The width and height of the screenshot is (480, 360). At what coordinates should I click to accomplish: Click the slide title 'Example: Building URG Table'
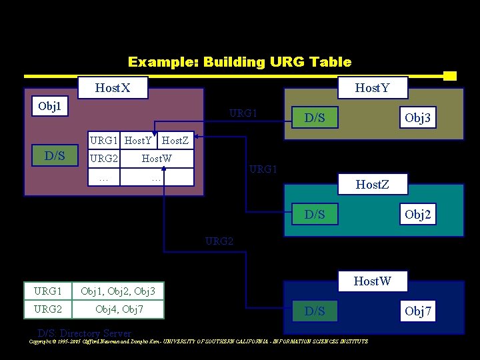coord(239,62)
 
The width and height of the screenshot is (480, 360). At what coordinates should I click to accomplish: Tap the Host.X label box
coord(113,88)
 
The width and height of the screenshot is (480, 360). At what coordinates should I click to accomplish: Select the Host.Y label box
coord(372,88)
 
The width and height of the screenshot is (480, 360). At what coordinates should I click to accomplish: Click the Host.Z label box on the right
coord(372,183)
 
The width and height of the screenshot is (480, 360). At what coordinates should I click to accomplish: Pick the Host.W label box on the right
coord(372,281)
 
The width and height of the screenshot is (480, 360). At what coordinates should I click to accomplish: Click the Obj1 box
coord(50,106)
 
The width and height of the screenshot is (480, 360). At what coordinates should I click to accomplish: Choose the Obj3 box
coord(418,119)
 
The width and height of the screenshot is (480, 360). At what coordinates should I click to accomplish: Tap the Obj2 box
coord(418,214)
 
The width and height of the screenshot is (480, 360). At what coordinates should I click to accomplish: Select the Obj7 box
coord(418,311)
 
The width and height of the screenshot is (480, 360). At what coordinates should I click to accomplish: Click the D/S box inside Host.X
coord(54,157)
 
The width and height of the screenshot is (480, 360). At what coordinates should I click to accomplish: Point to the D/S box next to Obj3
coord(315,119)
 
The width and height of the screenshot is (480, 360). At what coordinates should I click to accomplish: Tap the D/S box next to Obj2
coord(315,214)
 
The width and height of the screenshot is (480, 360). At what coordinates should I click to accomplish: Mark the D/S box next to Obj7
coord(315,311)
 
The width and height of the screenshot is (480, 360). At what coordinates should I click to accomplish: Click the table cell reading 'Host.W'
coord(157,159)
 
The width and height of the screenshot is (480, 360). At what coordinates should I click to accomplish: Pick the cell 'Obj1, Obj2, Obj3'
coord(118,291)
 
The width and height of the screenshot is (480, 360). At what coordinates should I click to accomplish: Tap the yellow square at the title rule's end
coord(449,76)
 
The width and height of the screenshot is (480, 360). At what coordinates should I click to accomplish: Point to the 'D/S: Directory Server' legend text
coord(85,333)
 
